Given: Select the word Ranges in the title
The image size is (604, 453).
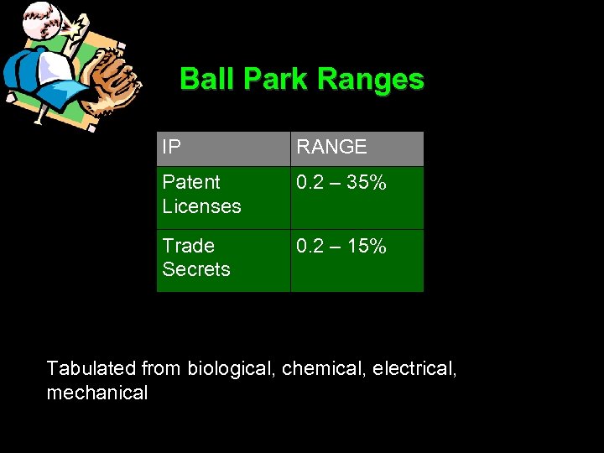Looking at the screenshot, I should [x=372, y=80].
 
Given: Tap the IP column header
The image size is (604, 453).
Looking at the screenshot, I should [x=171, y=148].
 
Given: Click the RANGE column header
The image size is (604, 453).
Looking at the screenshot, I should [x=331, y=148].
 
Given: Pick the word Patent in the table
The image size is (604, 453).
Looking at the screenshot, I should [x=191, y=182].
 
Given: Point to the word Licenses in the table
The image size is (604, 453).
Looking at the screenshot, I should [x=201, y=206].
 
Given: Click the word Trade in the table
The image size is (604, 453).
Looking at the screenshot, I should [x=188, y=246].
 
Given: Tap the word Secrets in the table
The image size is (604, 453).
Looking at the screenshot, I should [x=195, y=269].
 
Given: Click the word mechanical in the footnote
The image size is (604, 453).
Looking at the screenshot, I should [x=96, y=393].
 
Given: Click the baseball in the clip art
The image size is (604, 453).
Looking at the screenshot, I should [x=37, y=18].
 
